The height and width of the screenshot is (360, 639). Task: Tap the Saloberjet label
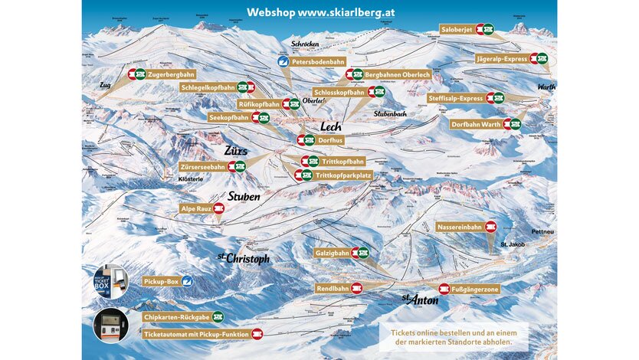[457, 29]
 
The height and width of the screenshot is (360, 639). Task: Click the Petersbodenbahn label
[317, 61]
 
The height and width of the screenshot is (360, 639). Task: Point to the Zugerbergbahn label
[171, 74]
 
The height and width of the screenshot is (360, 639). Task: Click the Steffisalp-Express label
[457, 98]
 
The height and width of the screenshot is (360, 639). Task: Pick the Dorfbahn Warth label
[475, 124]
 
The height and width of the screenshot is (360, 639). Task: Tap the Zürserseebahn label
[202, 166]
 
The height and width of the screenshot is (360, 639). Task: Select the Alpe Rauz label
[195, 208]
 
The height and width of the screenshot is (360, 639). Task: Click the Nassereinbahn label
[459, 227]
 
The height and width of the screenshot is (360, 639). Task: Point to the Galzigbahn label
[332, 252]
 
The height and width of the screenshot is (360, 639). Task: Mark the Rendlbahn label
[333, 289]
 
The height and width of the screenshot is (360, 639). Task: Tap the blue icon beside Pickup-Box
[186, 282]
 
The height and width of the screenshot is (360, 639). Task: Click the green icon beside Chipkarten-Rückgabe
[218, 316]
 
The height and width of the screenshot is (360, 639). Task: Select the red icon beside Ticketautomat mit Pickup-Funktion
[257, 334]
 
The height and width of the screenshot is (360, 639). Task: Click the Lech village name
[330, 127]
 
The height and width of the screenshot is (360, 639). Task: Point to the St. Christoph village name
[243, 258]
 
